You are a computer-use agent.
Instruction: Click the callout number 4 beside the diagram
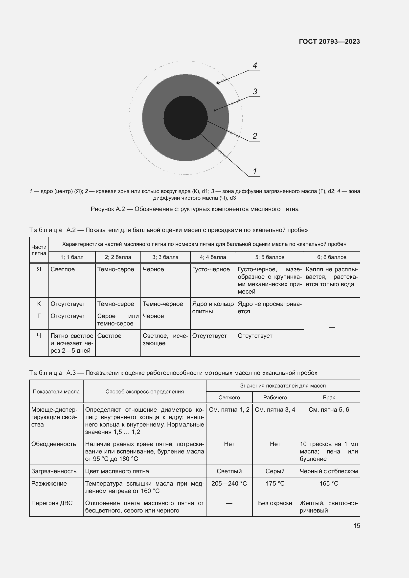click(255, 66)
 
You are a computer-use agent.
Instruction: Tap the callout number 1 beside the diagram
click(255, 171)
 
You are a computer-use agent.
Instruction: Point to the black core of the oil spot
click(185, 118)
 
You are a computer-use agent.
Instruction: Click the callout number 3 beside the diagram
click(255, 92)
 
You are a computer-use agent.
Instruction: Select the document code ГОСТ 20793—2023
click(329, 42)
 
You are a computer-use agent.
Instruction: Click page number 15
click(357, 526)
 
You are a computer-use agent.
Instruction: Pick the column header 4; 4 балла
click(213, 257)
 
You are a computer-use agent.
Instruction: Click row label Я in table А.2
click(39, 269)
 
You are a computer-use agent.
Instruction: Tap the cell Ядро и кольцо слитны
click(213, 307)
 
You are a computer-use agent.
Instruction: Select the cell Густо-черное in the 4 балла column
click(211, 269)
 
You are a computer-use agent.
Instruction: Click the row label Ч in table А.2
click(39, 336)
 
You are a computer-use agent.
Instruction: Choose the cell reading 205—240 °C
click(229, 483)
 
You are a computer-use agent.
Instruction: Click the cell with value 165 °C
click(329, 483)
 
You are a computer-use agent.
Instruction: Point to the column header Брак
click(329, 398)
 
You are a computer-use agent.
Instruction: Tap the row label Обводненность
click(53, 444)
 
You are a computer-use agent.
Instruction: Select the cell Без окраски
click(275, 503)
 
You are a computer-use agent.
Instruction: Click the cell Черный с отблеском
click(329, 471)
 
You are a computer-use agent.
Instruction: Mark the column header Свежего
click(229, 398)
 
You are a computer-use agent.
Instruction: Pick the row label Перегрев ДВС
click(52, 503)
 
